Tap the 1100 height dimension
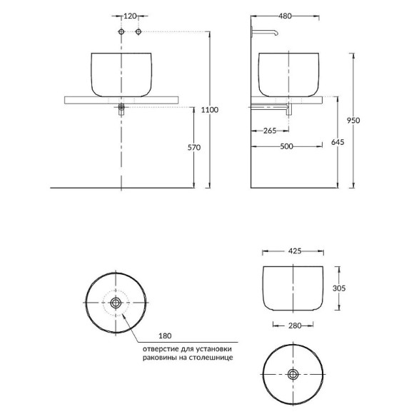coord(210,109)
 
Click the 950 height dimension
coord(353,120)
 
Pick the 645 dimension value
coord(338,143)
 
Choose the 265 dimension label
coord(270,130)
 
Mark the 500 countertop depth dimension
coord(287,147)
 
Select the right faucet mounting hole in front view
coord(138,33)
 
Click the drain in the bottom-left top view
coord(116,303)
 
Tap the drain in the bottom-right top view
coord(293,374)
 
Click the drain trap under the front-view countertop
coord(122,108)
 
